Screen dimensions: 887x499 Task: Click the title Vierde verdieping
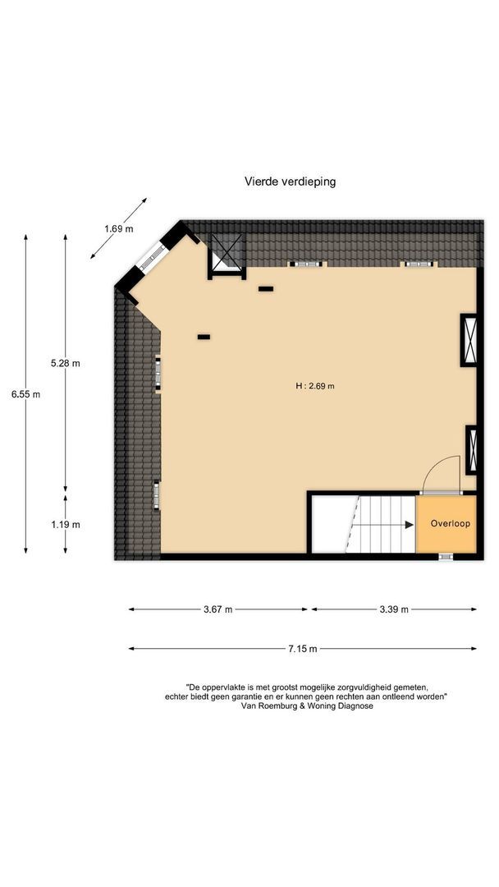(x=290, y=182)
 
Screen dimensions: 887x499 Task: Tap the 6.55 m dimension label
(x=25, y=394)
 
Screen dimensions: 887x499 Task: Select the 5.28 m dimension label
(x=66, y=363)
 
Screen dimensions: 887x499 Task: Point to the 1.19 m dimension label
(x=66, y=525)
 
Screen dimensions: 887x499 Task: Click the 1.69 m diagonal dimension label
(x=118, y=229)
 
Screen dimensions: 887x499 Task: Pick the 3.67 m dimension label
(x=217, y=609)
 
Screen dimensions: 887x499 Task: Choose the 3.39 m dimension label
(x=393, y=609)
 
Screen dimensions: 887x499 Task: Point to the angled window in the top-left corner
(x=150, y=258)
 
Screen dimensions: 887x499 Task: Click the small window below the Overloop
(x=445, y=557)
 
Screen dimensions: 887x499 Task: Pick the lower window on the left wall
(x=156, y=494)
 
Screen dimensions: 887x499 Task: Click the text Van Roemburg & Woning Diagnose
(x=307, y=705)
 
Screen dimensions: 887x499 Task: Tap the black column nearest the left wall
(x=204, y=337)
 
